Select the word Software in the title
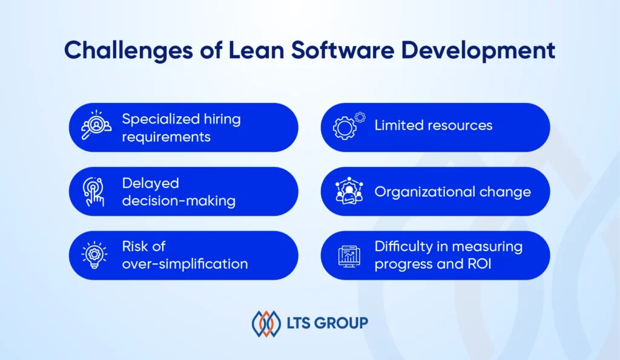tap(343, 50)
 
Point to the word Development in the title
tap(478, 51)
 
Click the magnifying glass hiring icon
tap(96, 125)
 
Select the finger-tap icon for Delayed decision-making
tap(94, 192)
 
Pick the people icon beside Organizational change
tap(349, 191)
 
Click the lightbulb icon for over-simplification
tap(94, 255)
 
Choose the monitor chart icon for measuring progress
tap(349, 256)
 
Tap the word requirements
tap(166, 137)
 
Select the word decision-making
tap(179, 201)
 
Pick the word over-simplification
tap(185, 264)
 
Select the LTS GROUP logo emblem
tap(266, 324)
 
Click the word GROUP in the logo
tap(342, 323)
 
